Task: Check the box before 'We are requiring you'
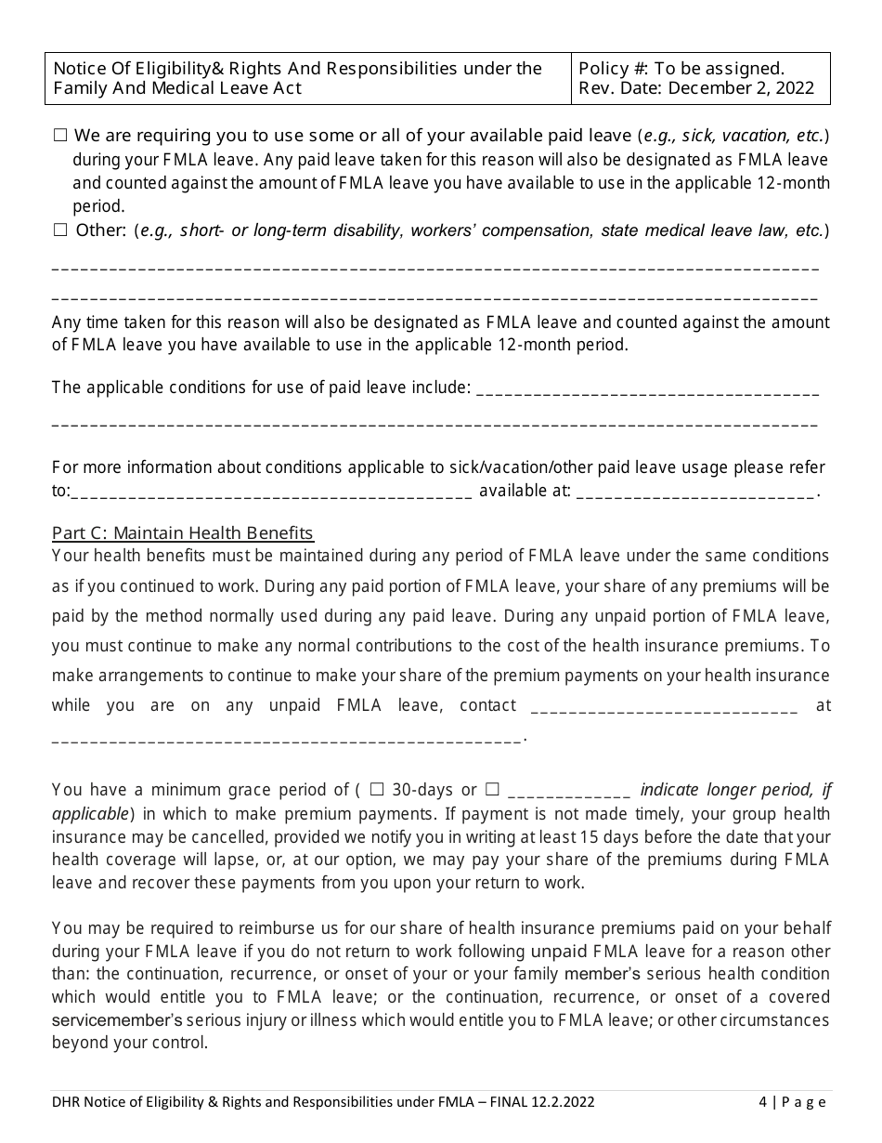click(60, 136)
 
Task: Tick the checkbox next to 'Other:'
click(60, 230)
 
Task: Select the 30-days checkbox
click(377, 790)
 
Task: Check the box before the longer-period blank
click(492, 790)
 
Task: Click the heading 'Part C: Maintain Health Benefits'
click(183, 533)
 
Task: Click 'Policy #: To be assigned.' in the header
click(681, 69)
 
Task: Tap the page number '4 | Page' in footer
click(791, 1103)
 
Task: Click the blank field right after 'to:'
click(271, 493)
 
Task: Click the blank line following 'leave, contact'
click(663, 707)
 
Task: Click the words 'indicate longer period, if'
click(735, 790)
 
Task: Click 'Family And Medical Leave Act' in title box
click(177, 89)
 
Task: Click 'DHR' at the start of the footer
click(67, 1103)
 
